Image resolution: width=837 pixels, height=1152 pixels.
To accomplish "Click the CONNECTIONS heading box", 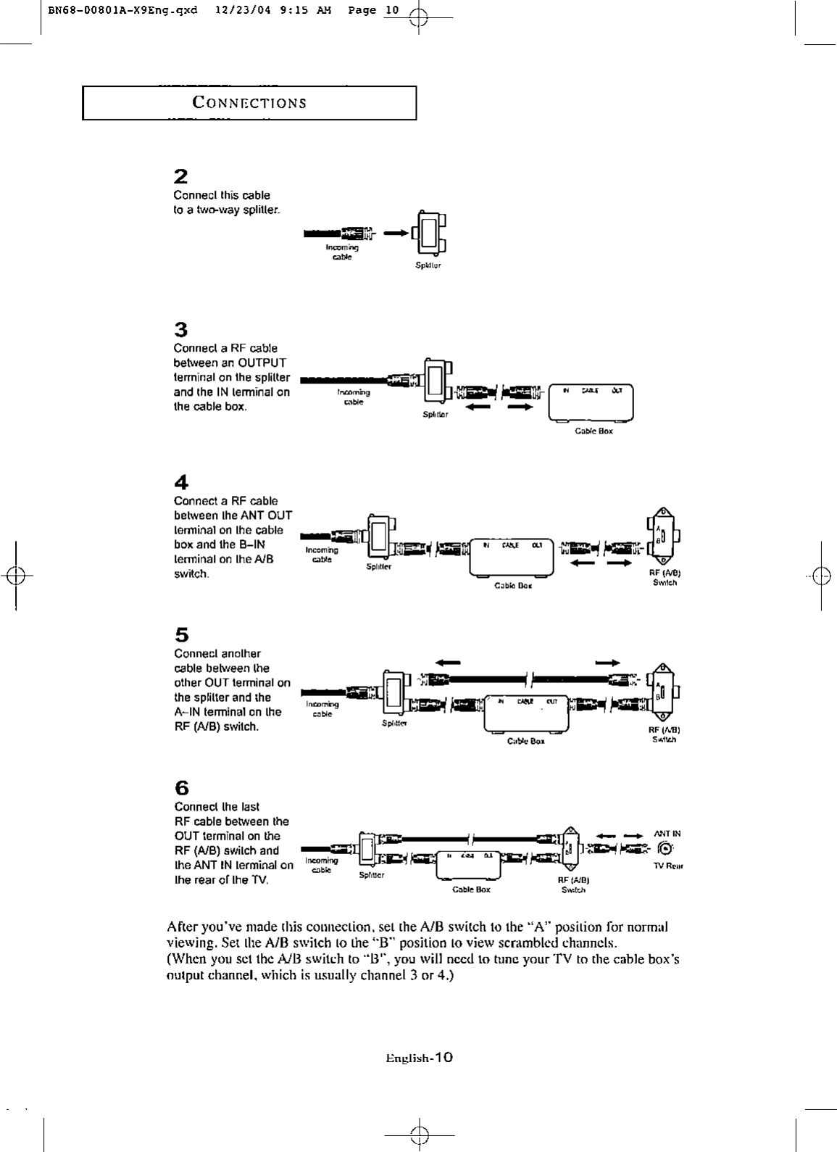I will click(249, 103).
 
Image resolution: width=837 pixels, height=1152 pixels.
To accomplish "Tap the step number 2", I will click(181, 176).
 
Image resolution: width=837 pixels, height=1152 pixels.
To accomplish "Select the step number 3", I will click(181, 330).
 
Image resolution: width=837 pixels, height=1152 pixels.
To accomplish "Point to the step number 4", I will click(181, 482).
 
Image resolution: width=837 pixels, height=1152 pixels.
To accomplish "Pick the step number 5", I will click(181, 635).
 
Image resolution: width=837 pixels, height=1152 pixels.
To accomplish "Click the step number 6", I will click(182, 788).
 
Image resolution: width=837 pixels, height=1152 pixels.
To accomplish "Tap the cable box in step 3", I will click(591, 402).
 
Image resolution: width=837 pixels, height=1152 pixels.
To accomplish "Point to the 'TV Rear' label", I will click(670, 866).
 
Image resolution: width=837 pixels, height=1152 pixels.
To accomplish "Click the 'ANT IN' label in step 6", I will click(667, 834).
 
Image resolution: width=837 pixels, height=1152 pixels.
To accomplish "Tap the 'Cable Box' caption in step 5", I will click(526, 741).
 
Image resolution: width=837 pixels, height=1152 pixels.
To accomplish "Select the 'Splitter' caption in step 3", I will click(436, 415).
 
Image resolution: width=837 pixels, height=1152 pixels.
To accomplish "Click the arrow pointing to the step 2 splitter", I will click(396, 233).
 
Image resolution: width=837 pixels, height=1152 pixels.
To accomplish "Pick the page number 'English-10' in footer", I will click(420, 1058).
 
